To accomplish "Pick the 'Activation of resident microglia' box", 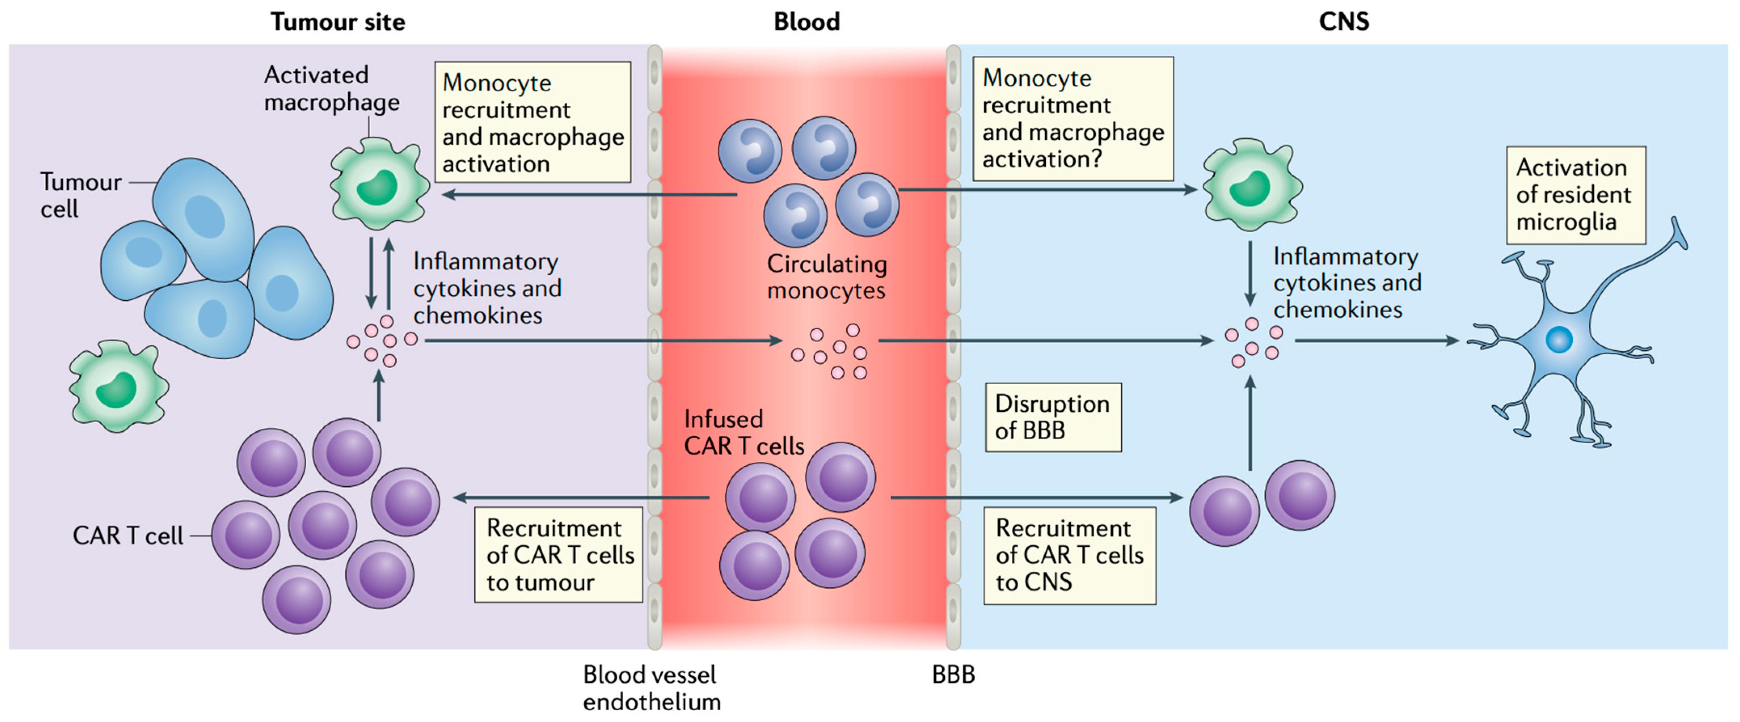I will (x=1575, y=195).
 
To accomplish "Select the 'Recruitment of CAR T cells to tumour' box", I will (x=558, y=554).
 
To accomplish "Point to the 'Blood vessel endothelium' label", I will (x=651, y=688).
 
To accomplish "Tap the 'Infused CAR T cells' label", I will (x=744, y=432).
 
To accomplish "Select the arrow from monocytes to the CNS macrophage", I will (x=1047, y=190).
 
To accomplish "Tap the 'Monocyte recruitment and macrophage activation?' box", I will (x=1072, y=119).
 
